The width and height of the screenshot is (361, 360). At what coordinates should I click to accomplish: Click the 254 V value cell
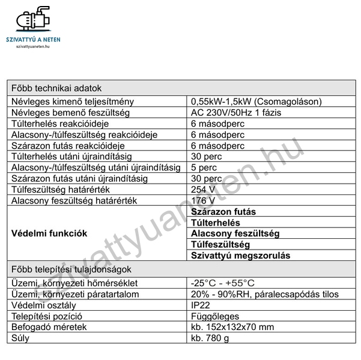click(x=203, y=189)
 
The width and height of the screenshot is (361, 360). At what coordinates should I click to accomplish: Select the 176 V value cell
click(x=203, y=200)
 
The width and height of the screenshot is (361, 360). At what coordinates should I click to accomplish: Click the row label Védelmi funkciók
click(x=49, y=233)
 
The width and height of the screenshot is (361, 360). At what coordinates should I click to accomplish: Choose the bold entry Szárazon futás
click(x=223, y=211)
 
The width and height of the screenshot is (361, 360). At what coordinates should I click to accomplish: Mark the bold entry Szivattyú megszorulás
click(x=240, y=255)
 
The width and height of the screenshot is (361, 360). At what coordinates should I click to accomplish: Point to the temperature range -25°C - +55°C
click(x=222, y=283)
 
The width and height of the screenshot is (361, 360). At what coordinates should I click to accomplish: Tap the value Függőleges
click(x=214, y=316)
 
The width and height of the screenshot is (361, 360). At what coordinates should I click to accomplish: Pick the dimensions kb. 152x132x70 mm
click(x=232, y=327)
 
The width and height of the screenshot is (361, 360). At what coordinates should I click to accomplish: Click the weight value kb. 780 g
click(x=210, y=338)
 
